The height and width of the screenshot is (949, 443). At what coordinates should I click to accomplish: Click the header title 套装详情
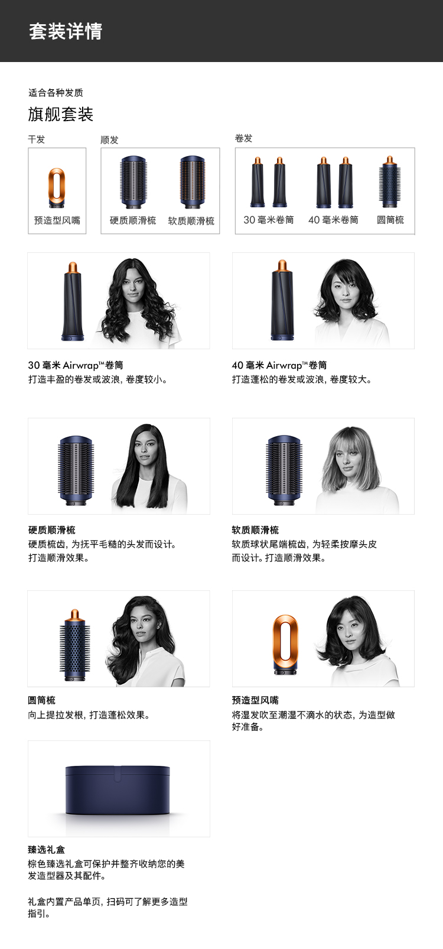click(x=66, y=31)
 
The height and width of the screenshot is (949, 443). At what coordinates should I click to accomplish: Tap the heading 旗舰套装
click(x=61, y=115)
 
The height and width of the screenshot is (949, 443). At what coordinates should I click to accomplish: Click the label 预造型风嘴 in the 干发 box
click(x=57, y=220)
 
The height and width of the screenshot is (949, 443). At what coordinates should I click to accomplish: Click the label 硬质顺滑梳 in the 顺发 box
click(x=132, y=220)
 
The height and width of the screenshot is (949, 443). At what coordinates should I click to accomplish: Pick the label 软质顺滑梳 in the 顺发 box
click(x=191, y=221)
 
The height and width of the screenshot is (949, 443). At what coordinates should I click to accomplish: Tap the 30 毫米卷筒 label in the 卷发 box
click(x=269, y=220)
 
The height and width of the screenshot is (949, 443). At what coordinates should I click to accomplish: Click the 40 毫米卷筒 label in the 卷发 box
click(x=333, y=220)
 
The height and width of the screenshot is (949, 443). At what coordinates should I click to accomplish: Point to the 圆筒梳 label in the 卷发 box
click(x=390, y=220)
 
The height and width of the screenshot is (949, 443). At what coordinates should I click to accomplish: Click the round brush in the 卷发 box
click(x=390, y=182)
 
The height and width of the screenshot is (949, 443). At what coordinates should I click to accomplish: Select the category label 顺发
click(x=109, y=140)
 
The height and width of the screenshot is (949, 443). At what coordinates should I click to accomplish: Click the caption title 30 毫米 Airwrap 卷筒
click(x=76, y=365)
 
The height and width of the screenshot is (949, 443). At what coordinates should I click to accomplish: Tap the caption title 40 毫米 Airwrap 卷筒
click(x=279, y=365)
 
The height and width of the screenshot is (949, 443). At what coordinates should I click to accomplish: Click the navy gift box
click(x=118, y=789)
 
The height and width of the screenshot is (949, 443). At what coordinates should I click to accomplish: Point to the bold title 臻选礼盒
click(x=47, y=850)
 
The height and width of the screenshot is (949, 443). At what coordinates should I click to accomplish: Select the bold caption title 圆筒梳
click(x=41, y=700)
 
